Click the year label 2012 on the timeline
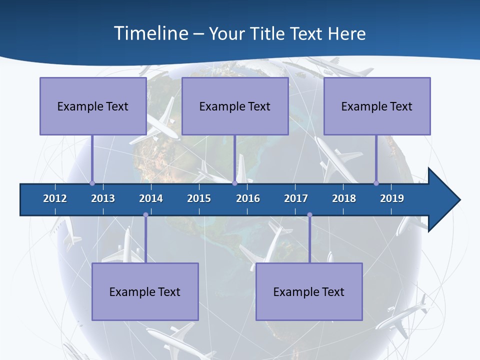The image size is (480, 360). point(55,198)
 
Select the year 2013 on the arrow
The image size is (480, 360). point(103,198)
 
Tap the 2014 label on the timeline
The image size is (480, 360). point(151,198)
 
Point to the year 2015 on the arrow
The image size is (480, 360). point(199,198)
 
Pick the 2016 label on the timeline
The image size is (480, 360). point(248,198)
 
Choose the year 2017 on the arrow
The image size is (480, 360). point(296,198)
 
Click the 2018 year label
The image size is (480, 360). point(344,198)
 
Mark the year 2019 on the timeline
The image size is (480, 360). point(392,198)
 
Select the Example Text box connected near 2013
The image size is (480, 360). point(93,106)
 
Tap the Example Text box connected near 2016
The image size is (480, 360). point(235,106)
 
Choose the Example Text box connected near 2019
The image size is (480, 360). point(377,106)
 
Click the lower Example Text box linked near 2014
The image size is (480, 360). point(145,291)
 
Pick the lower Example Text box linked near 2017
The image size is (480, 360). point(309,291)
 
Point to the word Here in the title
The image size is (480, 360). point(346,33)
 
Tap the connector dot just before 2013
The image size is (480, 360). point(92,183)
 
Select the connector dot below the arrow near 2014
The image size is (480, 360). point(145,215)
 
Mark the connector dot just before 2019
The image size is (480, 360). point(376,183)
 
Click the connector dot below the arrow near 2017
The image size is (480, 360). point(309,215)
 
